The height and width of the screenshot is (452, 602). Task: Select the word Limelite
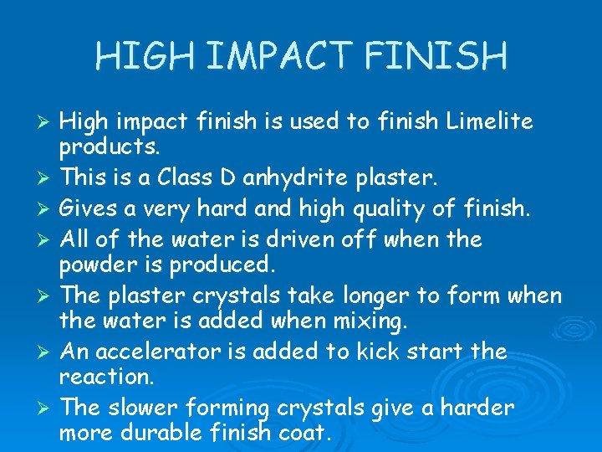pyautogui.click(x=489, y=122)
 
